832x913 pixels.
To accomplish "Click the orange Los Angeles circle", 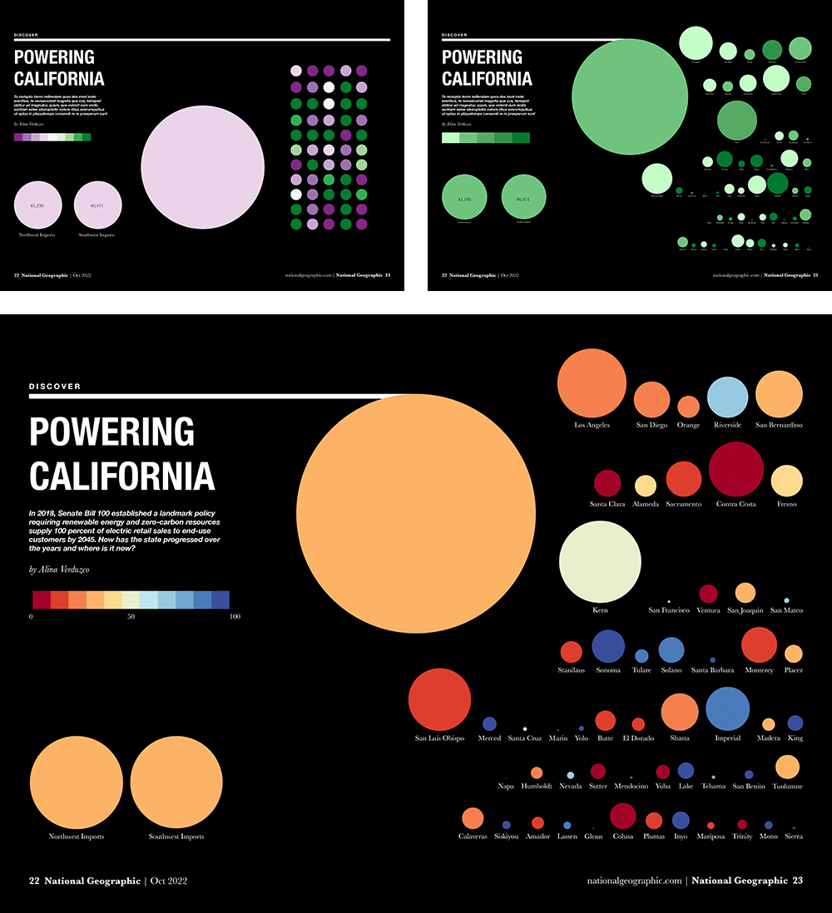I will click(592, 383).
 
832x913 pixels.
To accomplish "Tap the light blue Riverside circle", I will click(728, 397).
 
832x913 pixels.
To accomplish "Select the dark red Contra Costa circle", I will click(735, 468).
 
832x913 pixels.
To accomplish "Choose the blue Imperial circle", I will click(728, 709).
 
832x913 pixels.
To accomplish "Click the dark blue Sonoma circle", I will click(608, 647).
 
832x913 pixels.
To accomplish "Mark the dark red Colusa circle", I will click(622, 816).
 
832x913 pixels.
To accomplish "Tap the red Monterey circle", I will click(758, 645).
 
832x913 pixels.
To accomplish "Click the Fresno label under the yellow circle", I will click(786, 504).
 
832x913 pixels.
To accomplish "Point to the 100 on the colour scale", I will click(234, 616).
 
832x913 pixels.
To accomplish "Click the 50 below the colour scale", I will click(131, 616).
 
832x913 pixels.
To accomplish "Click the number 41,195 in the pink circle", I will click(37, 205).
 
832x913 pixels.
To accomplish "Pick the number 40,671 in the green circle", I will click(524, 200).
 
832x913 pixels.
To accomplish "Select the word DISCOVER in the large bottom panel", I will click(55, 386).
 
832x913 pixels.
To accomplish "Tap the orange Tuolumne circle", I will click(787, 767).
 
